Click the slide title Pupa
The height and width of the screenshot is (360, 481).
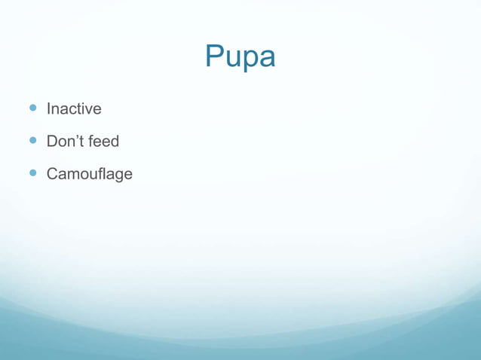240,57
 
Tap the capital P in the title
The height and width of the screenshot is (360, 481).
215,56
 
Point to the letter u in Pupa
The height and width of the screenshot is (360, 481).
232,59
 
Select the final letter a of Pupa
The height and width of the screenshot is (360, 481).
266,59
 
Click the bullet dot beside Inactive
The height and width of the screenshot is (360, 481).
32,108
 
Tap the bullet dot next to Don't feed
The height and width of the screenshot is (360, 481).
32,141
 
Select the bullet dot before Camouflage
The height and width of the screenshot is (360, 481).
32,173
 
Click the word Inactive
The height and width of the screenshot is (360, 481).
74,109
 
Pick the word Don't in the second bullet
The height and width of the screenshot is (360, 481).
63,141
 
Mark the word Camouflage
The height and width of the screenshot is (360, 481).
89,174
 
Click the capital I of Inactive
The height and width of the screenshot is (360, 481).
48,109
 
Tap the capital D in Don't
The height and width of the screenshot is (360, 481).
52,141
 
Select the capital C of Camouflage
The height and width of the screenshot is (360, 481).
52,174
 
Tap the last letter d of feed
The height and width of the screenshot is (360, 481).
115,141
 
